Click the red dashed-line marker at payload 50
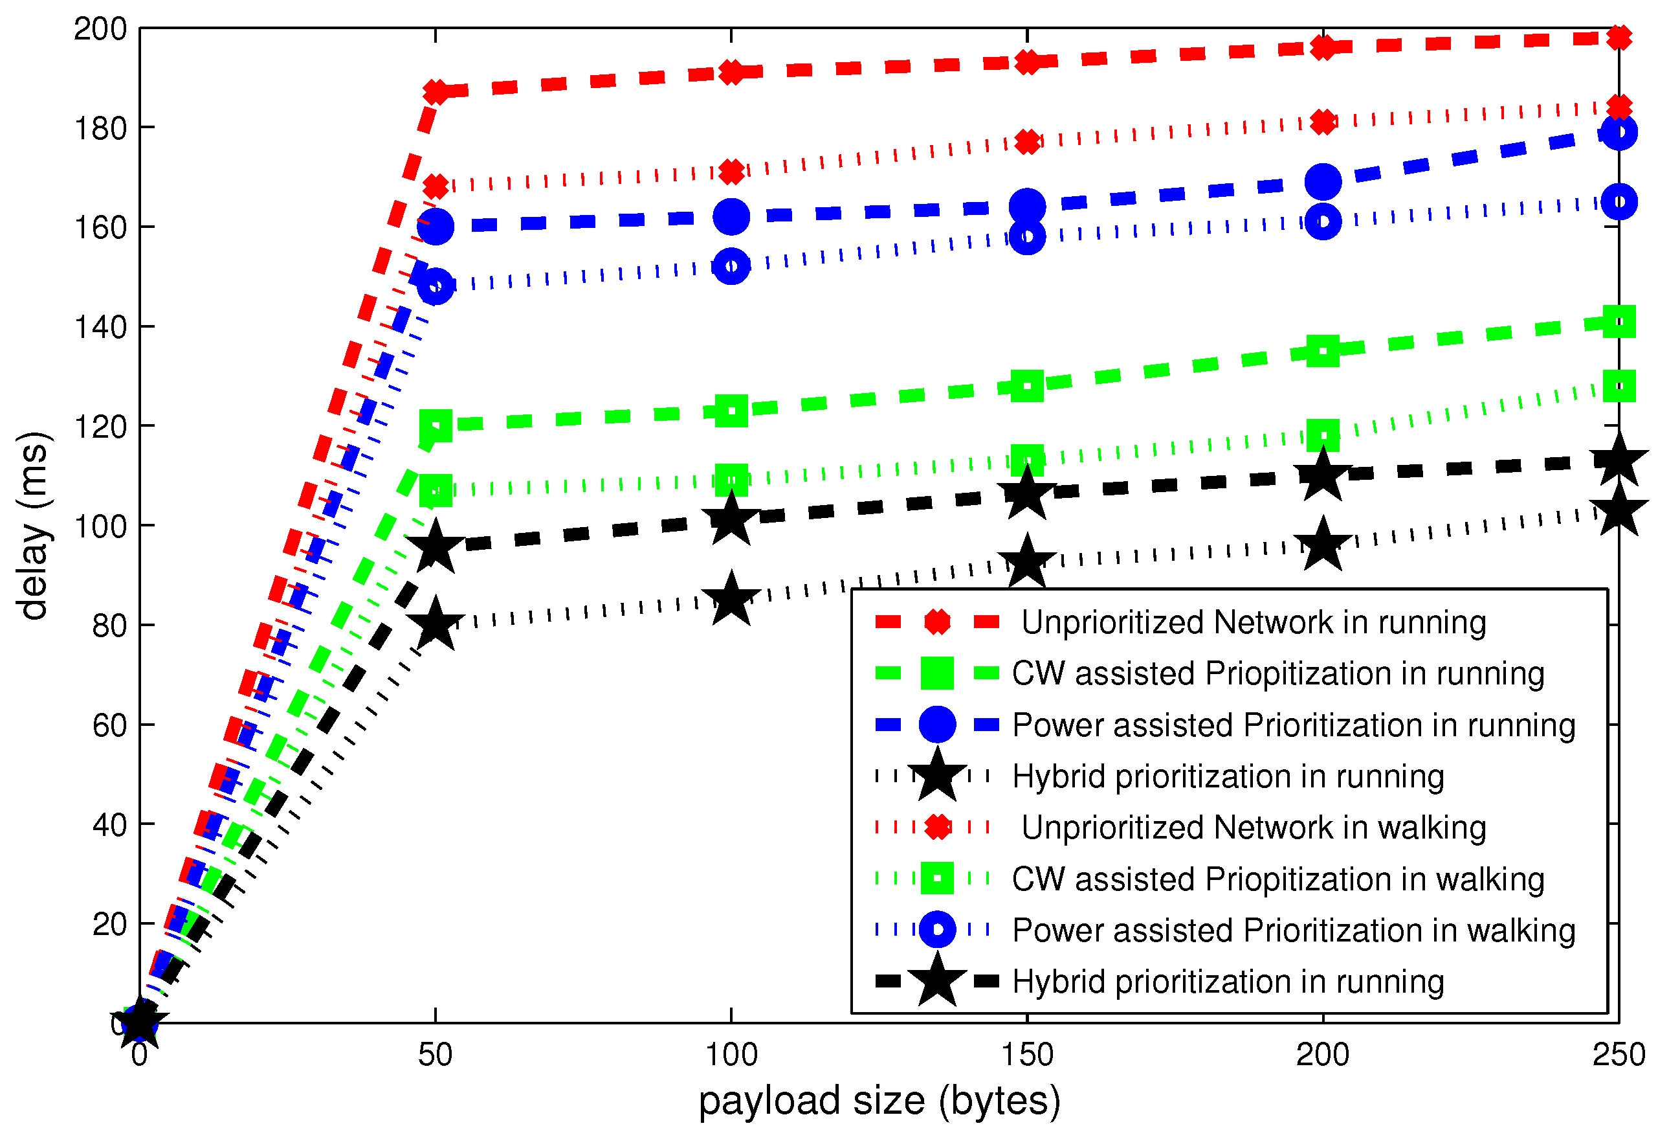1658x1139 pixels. click(x=435, y=91)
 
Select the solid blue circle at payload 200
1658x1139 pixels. click(x=1323, y=181)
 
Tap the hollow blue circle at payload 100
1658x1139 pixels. click(x=731, y=266)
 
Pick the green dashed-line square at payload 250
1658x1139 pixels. click(x=1619, y=322)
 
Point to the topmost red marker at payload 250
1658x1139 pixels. click(x=1619, y=37)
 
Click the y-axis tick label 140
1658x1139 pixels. click(x=100, y=327)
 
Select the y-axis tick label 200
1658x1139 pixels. click(x=100, y=29)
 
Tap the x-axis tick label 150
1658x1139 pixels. click(x=1026, y=1055)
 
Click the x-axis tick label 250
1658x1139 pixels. click(x=1618, y=1055)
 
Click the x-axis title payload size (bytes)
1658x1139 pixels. click(x=879, y=1100)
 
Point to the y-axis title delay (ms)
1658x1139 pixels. click(x=33, y=525)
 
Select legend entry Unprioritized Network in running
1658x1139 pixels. click(x=1254, y=622)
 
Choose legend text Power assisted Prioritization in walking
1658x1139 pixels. click(x=1294, y=930)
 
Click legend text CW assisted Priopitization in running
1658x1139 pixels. click(x=1277, y=673)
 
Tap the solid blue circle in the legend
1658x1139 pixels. click(x=936, y=725)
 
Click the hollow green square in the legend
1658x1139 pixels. click(x=936, y=879)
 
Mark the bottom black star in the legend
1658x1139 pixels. click(x=936, y=981)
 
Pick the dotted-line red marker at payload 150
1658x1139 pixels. click(x=1026, y=142)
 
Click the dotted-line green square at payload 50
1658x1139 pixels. click(x=435, y=491)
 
